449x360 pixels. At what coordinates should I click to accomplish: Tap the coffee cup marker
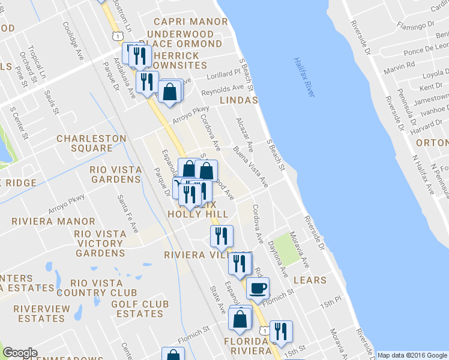point(258,289)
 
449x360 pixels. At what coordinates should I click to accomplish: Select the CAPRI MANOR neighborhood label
point(184,21)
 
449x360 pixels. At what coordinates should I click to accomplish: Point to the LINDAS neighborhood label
point(239,100)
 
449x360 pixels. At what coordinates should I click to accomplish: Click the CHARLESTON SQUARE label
point(91,143)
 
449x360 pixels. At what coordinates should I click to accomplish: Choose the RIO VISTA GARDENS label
point(115,175)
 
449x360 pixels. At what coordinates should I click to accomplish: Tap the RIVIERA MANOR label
point(45,221)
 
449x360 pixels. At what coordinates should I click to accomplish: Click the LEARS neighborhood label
point(310,280)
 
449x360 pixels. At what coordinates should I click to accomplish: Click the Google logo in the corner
point(20,353)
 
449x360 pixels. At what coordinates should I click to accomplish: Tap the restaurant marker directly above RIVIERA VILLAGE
point(221,236)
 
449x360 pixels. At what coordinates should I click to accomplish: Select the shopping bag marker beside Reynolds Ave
point(170,92)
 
